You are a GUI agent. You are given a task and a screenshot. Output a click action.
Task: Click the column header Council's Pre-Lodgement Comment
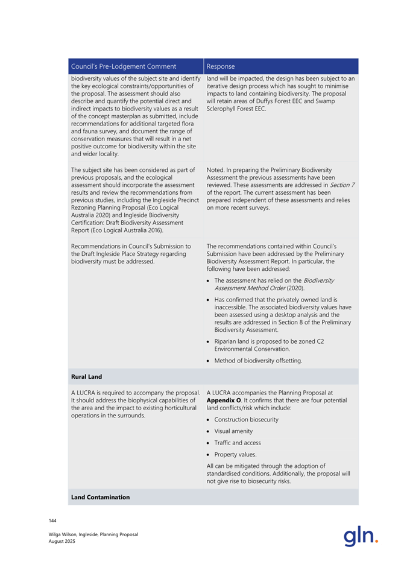[124, 66]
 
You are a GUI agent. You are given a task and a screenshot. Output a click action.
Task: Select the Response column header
[221, 66]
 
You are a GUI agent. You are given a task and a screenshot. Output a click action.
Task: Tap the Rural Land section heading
[86, 376]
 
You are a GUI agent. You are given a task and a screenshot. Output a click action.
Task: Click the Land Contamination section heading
[100, 497]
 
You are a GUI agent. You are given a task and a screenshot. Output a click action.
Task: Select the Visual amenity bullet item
[233, 431]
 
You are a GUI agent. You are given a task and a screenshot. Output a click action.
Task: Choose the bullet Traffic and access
[236, 443]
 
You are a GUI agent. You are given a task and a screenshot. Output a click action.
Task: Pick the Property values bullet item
[235, 454]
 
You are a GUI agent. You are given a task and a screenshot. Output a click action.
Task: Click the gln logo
[360, 536]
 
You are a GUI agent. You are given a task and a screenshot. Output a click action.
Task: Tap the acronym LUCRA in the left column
[85, 393]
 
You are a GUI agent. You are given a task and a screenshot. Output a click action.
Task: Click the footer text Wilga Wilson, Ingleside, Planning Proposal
[93, 534]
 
